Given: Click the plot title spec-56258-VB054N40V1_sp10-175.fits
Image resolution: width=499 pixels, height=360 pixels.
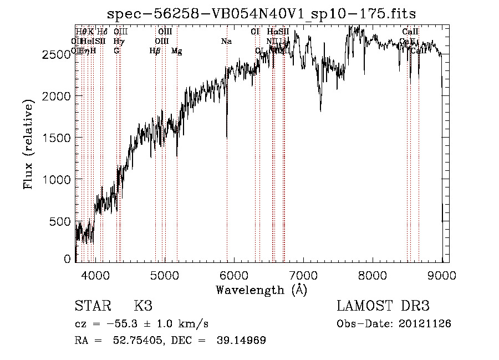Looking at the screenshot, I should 262,13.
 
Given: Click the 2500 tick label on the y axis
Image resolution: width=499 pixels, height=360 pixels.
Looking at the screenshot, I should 57,54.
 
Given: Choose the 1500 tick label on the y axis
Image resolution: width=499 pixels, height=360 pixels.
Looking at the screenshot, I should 57,138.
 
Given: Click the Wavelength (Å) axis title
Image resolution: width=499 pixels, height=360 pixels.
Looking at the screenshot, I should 261,290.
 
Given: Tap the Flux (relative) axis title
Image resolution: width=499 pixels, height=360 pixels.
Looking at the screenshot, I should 29,143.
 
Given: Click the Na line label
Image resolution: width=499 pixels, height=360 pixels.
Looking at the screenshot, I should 226,42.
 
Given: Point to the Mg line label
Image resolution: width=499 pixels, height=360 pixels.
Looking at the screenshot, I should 177,51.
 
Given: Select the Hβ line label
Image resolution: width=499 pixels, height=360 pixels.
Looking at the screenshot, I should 155,51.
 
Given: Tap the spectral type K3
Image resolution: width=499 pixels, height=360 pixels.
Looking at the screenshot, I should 143,306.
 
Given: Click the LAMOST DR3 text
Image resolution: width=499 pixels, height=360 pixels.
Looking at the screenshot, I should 383,306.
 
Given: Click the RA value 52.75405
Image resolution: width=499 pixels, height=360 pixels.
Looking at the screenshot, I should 138,341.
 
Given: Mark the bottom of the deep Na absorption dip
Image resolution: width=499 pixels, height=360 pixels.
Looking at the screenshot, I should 227,137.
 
